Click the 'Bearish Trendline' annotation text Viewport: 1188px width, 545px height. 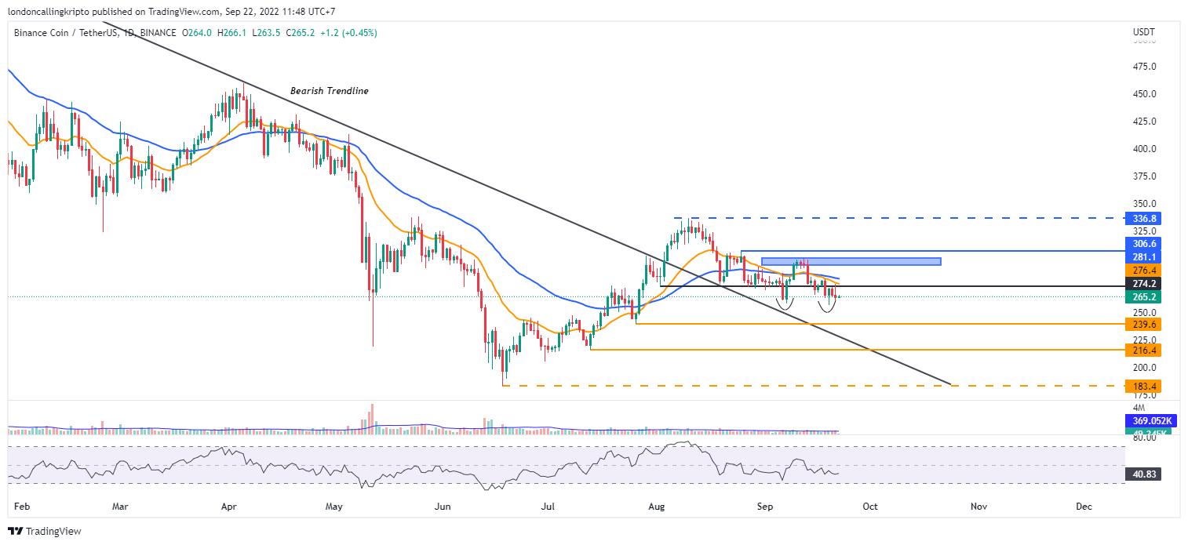(x=329, y=91)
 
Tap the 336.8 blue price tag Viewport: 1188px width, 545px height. (x=1142, y=218)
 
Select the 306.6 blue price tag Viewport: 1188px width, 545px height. (x=1142, y=244)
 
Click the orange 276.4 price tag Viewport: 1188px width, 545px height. (x=1142, y=270)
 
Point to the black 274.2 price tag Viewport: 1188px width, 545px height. (x=1142, y=283)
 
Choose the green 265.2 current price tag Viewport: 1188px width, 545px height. (x=1142, y=297)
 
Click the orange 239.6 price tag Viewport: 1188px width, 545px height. (x=1142, y=324)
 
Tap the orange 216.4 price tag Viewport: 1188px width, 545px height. (x=1142, y=350)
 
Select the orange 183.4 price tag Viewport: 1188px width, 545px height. (x=1142, y=386)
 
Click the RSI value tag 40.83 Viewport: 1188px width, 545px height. (x=1142, y=474)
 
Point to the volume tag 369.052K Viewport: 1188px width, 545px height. (x=1146, y=421)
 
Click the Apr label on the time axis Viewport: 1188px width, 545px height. (x=228, y=507)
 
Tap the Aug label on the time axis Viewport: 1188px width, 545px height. (x=657, y=507)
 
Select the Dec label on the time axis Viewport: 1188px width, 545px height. (x=1084, y=507)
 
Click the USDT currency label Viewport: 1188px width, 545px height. (x=1143, y=32)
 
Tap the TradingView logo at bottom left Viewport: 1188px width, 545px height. (x=45, y=532)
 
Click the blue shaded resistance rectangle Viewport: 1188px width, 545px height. (x=851, y=261)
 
